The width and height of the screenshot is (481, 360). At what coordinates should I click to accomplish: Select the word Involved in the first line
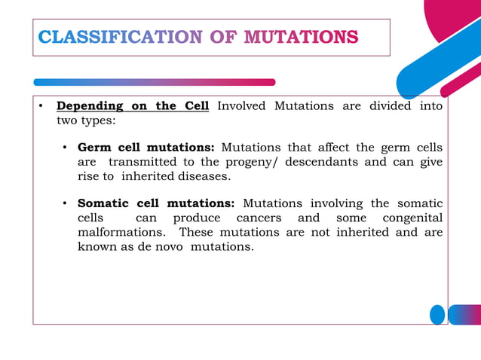click(x=241, y=106)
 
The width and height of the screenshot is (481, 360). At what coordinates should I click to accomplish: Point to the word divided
click(x=390, y=106)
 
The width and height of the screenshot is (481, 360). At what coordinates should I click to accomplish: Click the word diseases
click(x=203, y=176)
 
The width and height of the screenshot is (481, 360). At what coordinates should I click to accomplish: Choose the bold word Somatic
click(x=104, y=203)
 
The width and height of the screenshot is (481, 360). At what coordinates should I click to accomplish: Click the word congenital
click(x=413, y=218)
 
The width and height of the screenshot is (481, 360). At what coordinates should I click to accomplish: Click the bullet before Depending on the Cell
click(x=42, y=106)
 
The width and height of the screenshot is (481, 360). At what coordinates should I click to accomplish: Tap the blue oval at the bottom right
click(x=437, y=314)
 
